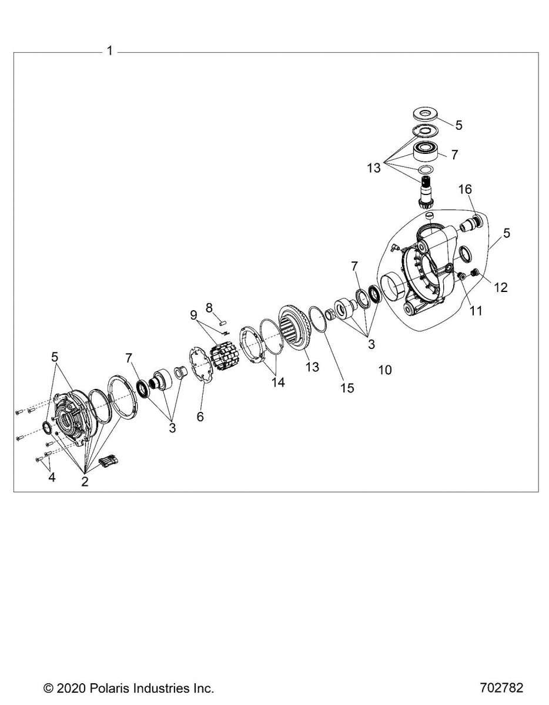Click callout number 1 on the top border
(x=110, y=51)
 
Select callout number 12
(x=500, y=287)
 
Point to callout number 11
(x=476, y=311)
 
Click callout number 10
(x=385, y=370)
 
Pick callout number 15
(x=347, y=388)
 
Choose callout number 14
(x=278, y=382)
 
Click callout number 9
(x=194, y=315)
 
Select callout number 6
(x=200, y=417)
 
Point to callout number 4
(x=52, y=477)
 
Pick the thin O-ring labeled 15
(x=318, y=319)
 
